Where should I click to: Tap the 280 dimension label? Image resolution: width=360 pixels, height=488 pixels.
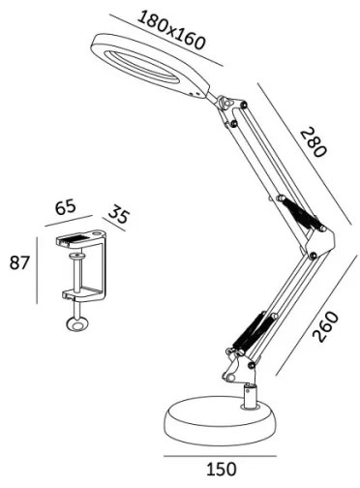[313, 142]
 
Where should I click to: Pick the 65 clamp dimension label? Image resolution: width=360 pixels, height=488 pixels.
[66, 207]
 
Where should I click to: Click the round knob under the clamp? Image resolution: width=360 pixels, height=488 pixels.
[74, 326]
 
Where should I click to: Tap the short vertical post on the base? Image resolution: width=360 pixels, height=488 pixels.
[250, 395]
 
